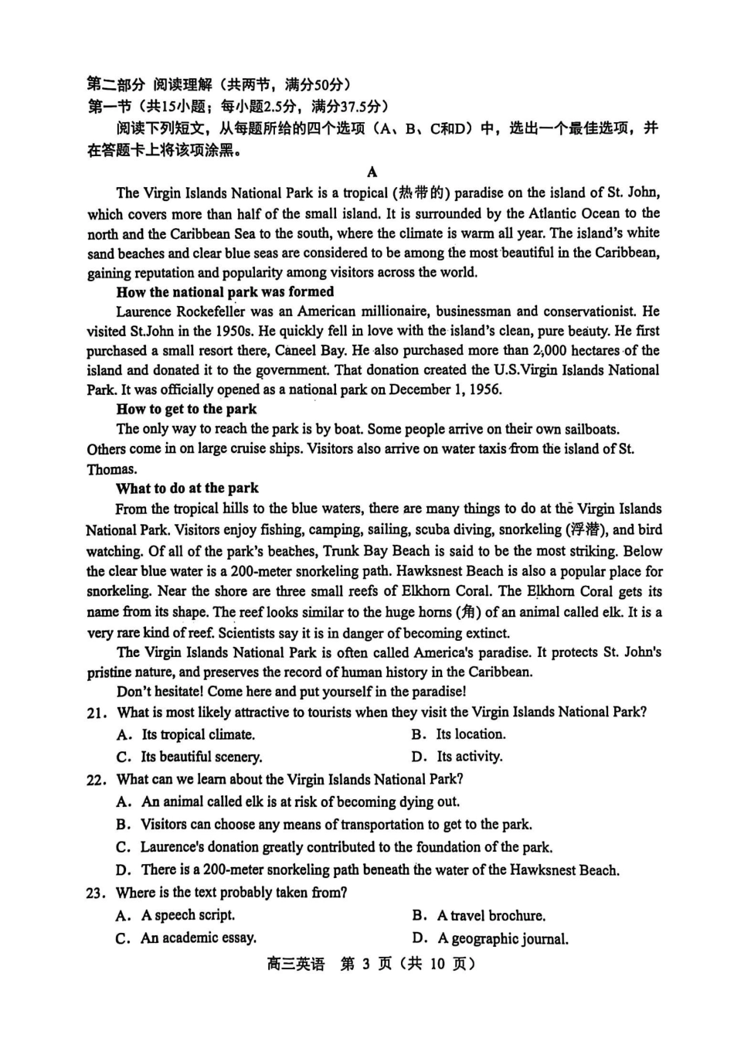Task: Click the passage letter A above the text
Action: (372, 172)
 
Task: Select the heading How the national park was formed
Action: (225, 292)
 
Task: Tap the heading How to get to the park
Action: (186, 409)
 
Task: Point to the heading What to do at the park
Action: (187, 488)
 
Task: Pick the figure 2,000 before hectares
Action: (551, 350)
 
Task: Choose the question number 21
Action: (97, 713)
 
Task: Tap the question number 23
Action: (97, 893)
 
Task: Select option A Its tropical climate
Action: (197, 734)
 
